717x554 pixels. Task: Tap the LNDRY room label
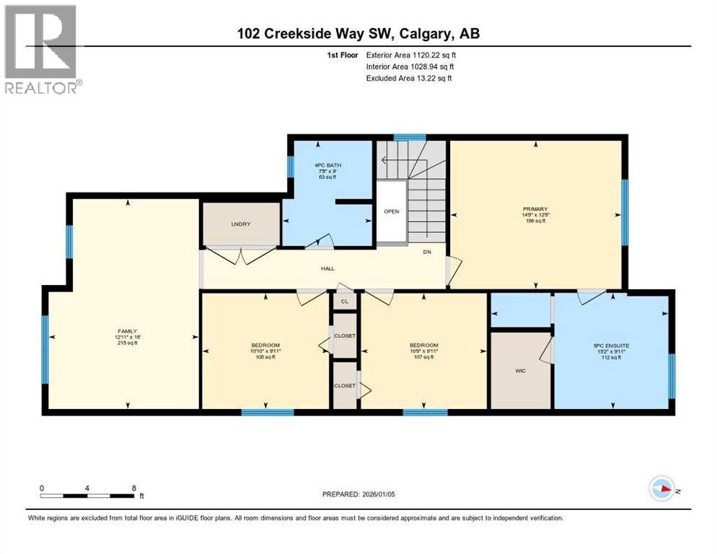pos(240,224)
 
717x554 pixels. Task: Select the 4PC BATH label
pos(328,165)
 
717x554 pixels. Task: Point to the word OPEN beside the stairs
pos(391,211)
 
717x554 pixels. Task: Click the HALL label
pos(328,268)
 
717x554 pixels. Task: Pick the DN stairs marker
pos(427,252)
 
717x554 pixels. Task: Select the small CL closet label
pos(344,302)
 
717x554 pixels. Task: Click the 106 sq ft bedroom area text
pos(266,357)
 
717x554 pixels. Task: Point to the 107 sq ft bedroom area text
pos(423,357)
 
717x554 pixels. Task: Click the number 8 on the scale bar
pos(134,488)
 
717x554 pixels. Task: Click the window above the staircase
pos(409,137)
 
